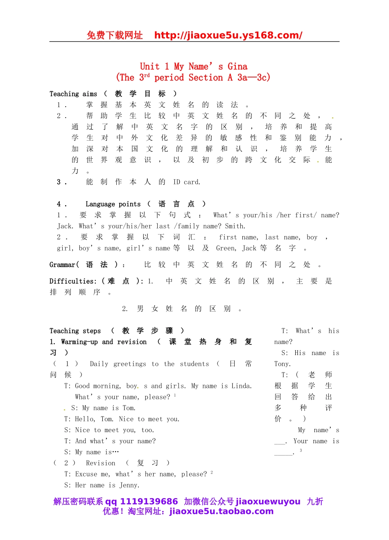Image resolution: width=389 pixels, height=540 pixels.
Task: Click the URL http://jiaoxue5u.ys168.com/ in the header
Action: click(228, 35)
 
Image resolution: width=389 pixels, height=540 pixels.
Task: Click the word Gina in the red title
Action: click(237, 66)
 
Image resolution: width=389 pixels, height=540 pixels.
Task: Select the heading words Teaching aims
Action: click(73, 94)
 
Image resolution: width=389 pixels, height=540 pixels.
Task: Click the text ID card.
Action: click(187, 182)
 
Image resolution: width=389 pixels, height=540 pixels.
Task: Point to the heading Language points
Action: click(113, 204)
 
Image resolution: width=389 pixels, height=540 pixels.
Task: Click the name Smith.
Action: click(235, 226)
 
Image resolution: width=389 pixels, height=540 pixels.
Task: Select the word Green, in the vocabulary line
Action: click(226, 248)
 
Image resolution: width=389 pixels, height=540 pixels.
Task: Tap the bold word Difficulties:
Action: click(73, 281)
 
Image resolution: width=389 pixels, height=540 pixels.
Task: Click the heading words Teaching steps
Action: click(75, 331)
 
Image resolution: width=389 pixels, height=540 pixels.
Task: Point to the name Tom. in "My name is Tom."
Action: click(129, 408)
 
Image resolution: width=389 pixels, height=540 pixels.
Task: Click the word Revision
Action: click(101, 463)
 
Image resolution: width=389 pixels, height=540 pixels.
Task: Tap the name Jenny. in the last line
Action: click(129, 485)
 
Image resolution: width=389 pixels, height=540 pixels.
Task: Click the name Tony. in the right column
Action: click(283, 364)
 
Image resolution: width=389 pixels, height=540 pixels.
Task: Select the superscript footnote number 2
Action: click(212, 473)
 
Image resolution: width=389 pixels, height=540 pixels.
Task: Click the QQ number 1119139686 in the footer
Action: click(149, 501)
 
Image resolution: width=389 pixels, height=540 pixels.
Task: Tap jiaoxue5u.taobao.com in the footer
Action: click(221, 511)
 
